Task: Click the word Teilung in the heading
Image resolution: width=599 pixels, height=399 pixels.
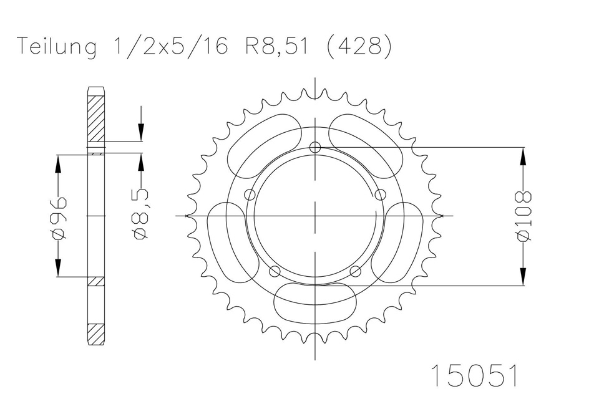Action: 57,47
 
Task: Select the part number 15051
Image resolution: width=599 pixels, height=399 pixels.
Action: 475,375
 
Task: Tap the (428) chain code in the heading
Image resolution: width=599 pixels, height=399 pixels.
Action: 359,47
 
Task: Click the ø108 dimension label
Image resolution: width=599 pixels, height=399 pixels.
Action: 524,216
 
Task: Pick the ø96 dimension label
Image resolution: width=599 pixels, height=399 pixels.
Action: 59,218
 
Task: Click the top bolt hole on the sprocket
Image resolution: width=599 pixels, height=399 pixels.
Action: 314,147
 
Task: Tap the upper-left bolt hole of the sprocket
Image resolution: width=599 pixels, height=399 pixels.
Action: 250,195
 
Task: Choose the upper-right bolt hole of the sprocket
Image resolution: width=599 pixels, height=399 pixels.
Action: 381,195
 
